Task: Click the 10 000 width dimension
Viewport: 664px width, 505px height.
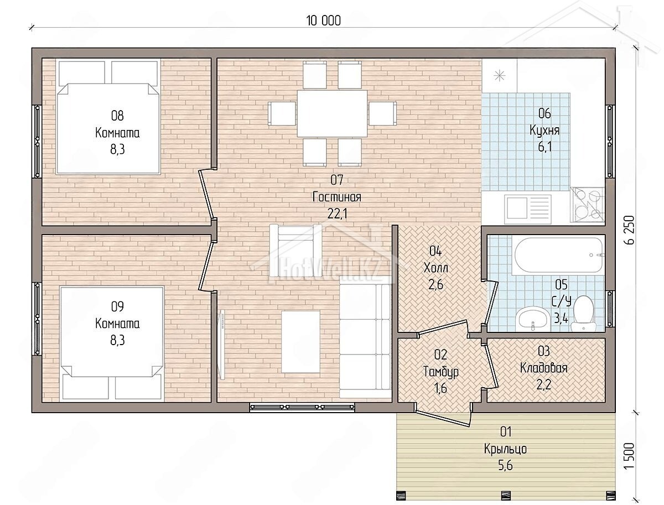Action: pyautogui.click(x=323, y=20)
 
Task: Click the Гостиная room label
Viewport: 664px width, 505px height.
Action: pyautogui.click(x=336, y=197)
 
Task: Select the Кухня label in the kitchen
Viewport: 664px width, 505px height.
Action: pyautogui.click(x=544, y=131)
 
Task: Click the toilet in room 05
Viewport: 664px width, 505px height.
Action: pyautogui.click(x=583, y=313)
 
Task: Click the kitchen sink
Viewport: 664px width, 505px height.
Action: pyautogui.click(x=527, y=207)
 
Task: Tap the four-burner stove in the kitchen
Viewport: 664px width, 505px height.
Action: pyautogui.click(x=587, y=205)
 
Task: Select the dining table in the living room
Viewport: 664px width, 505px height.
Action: pyautogui.click(x=332, y=113)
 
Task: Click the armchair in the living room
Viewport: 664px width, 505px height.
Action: pyautogui.click(x=295, y=250)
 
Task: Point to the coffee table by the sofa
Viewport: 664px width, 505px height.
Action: pyautogui.click(x=300, y=342)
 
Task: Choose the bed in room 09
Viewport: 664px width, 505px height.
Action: pyautogui.click(x=112, y=343)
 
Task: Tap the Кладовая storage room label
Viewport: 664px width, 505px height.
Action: pyautogui.click(x=544, y=368)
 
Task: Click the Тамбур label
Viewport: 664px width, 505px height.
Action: pyautogui.click(x=441, y=372)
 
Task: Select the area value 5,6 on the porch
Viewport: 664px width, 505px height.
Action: pyautogui.click(x=506, y=466)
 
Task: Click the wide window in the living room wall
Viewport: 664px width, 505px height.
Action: pyautogui.click(x=302, y=407)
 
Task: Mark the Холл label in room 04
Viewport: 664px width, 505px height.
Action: pyautogui.click(x=436, y=268)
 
